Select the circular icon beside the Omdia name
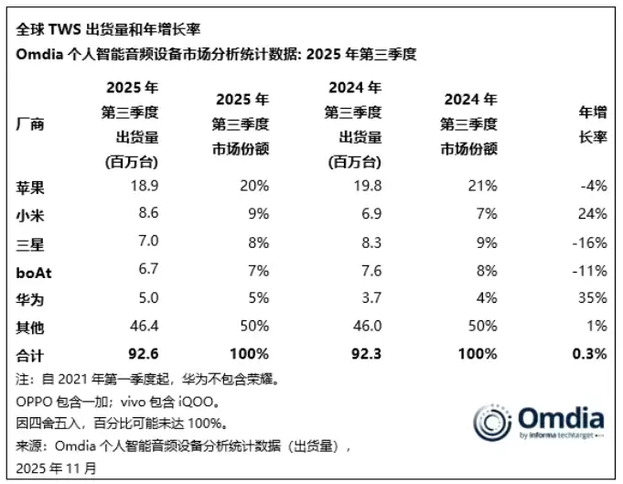(493, 422)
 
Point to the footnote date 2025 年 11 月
(56, 468)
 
